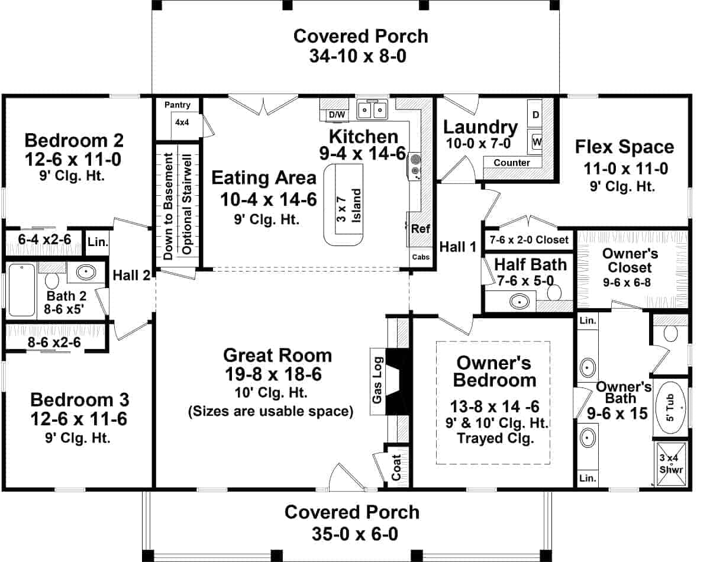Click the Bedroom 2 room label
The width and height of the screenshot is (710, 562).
click(x=74, y=141)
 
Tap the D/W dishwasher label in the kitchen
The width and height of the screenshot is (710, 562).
click(x=337, y=115)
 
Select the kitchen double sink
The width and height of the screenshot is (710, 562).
click(x=372, y=109)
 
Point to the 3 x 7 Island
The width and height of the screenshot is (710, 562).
click(x=343, y=205)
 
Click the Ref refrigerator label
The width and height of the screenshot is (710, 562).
click(x=420, y=228)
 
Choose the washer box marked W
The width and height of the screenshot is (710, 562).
click(x=536, y=142)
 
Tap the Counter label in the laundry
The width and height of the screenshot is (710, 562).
click(x=512, y=162)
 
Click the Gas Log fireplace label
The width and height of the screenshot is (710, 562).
click(x=377, y=380)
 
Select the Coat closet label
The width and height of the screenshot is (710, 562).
click(x=396, y=467)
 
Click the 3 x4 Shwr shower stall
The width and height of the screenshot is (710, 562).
click(x=671, y=464)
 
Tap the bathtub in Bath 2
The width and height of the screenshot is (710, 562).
click(x=22, y=290)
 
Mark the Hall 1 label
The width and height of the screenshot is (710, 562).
click(x=458, y=247)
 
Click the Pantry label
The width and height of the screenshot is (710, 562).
click(x=177, y=105)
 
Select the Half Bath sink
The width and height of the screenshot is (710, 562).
click(x=519, y=301)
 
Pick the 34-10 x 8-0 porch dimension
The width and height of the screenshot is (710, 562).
click(x=358, y=56)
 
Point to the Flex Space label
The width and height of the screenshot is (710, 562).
click(x=625, y=147)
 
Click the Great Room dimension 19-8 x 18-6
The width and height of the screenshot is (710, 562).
click(x=273, y=374)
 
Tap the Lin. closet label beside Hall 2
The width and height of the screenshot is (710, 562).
click(x=98, y=242)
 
